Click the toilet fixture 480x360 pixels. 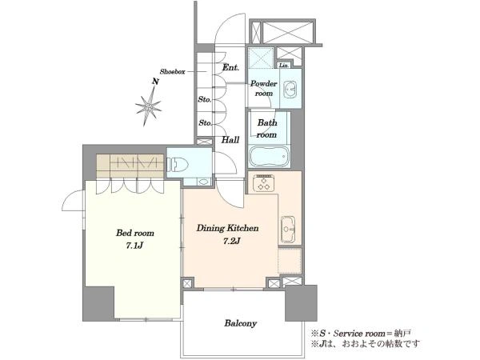(x=178, y=164)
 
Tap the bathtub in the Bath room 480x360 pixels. (x=269, y=156)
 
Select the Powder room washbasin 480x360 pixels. (x=290, y=90)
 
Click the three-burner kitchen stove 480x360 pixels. (x=263, y=182)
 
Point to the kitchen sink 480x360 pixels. (x=288, y=230)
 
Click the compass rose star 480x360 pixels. (x=149, y=106)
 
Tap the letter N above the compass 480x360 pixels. (x=156, y=82)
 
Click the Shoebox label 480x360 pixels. (x=172, y=72)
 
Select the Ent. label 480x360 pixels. (x=230, y=67)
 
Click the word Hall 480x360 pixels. (x=230, y=140)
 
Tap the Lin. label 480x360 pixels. (x=284, y=66)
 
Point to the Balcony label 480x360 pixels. (x=240, y=323)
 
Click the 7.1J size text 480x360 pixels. (x=134, y=246)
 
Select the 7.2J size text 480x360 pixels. (x=231, y=241)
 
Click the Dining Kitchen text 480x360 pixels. (x=227, y=228)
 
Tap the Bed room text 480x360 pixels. (x=135, y=233)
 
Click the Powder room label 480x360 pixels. (x=263, y=88)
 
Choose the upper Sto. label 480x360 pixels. (x=205, y=99)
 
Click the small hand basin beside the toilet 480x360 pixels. (x=202, y=182)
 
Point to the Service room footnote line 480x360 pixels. (x=361, y=333)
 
